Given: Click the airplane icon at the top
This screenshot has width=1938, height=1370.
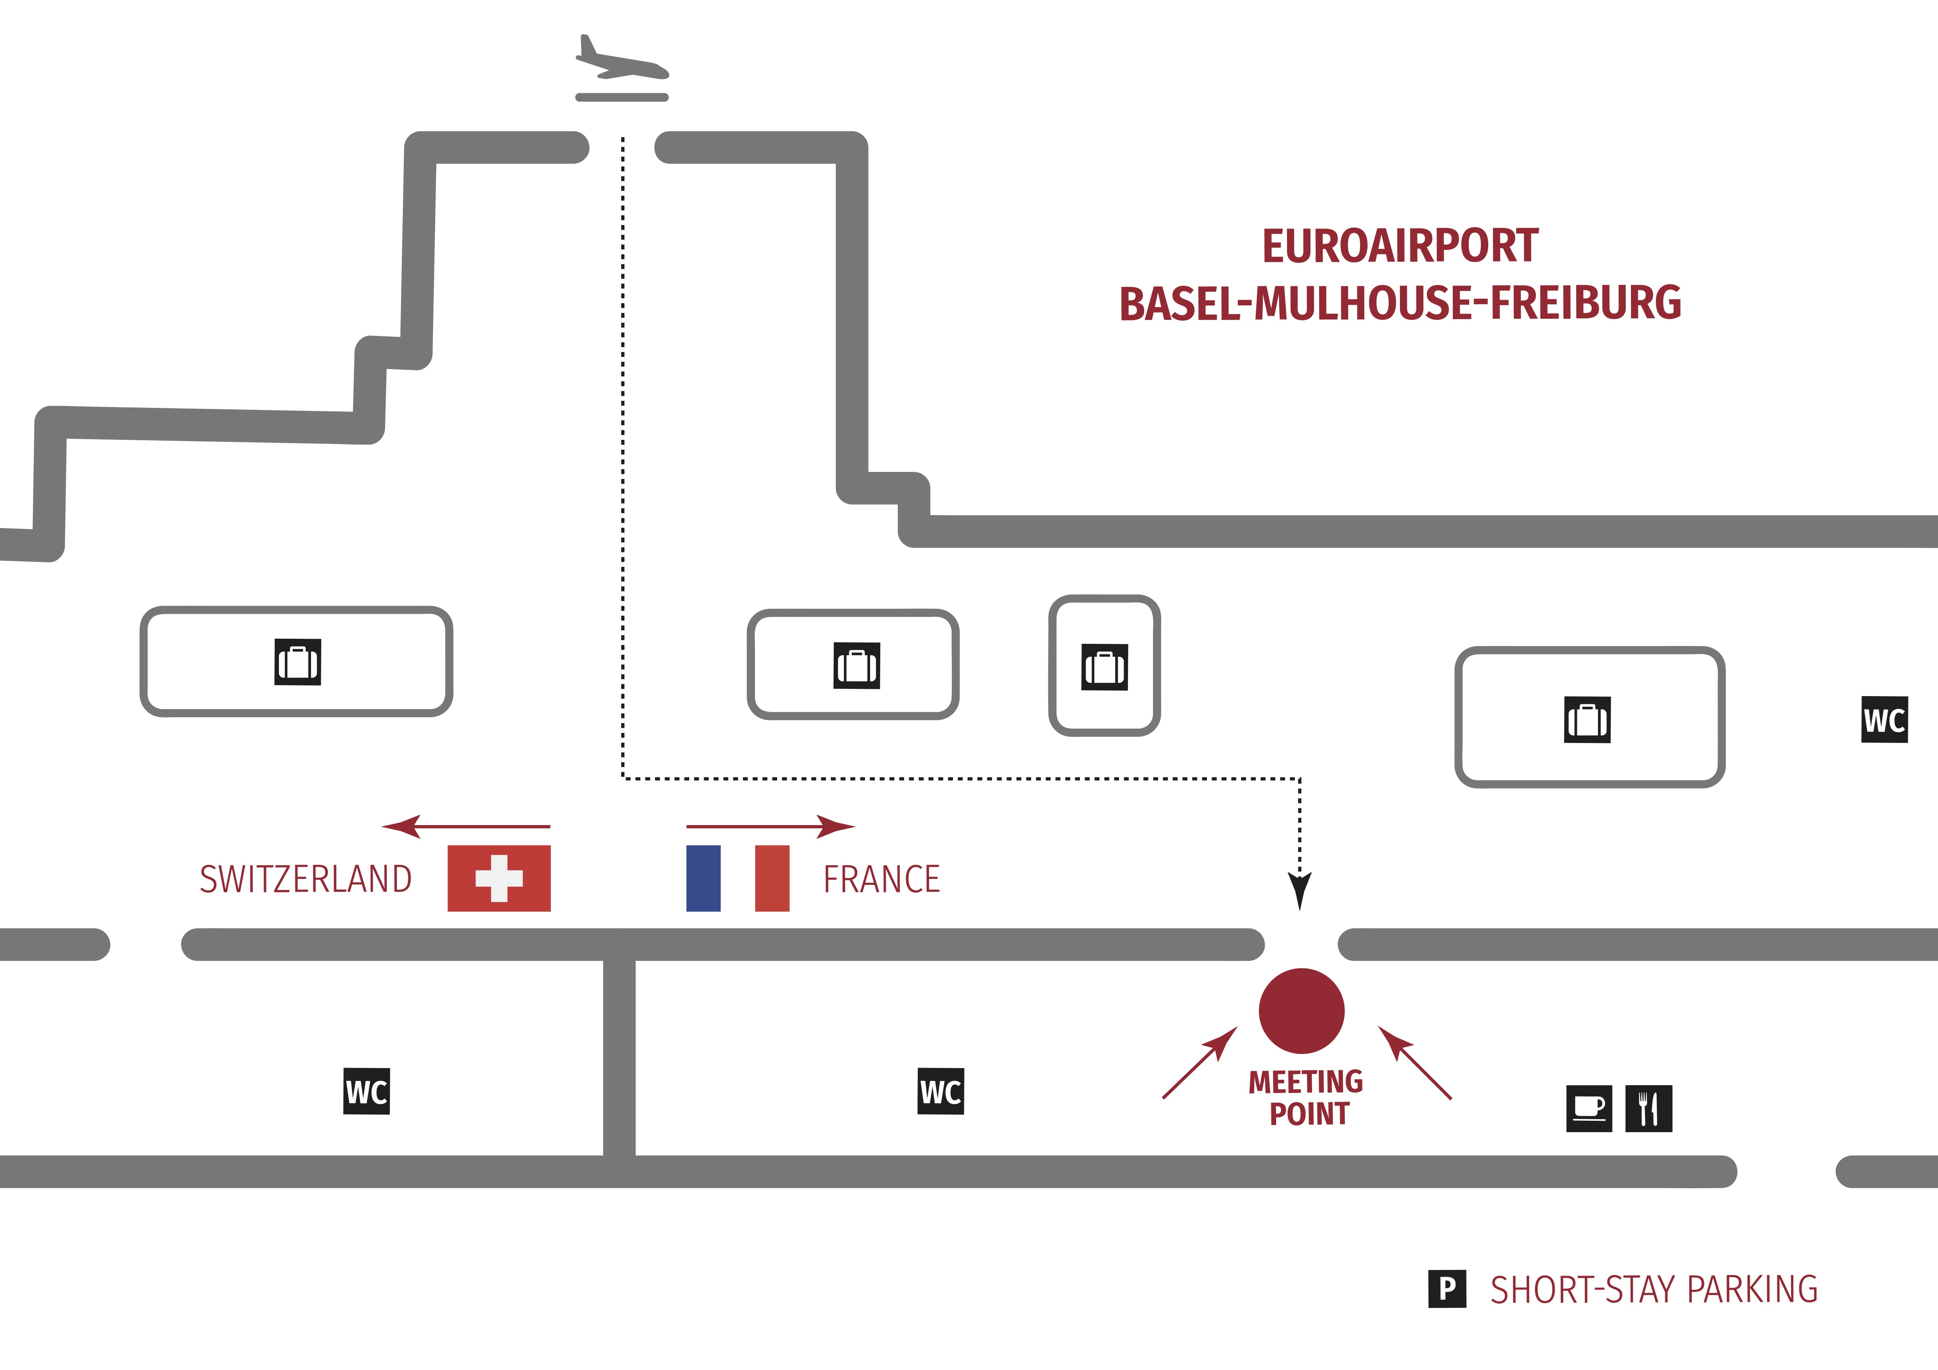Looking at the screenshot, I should pyautogui.click(x=622, y=61).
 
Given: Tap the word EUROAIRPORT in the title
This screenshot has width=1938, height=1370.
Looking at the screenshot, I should pyautogui.click(x=1400, y=246).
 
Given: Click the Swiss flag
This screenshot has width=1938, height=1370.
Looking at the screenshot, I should pyautogui.click(x=499, y=878).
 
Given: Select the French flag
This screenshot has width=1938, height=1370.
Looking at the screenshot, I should pyautogui.click(x=738, y=878).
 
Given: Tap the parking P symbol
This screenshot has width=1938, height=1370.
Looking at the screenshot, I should pyautogui.click(x=1447, y=1289).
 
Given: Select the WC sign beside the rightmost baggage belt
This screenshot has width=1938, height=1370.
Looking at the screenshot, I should pyautogui.click(x=1884, y=720).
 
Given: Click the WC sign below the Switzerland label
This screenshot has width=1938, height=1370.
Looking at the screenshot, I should pyautogui.click(x=367, y=1091).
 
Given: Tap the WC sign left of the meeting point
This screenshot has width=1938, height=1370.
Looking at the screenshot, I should pyautogui.click(x=940, y=1091).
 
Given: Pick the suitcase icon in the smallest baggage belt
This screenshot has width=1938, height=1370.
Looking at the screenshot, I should pyautogui.click(x=1105, y=667).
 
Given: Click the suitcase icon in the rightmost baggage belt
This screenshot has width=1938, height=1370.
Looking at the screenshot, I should pyautogui.click(x=1587, y=720).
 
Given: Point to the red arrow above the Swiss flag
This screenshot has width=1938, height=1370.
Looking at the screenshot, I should pyautogui.click(x=466, y=826).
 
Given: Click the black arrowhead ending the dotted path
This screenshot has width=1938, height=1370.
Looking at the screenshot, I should pyautogui.click(x=1300, y=891).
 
